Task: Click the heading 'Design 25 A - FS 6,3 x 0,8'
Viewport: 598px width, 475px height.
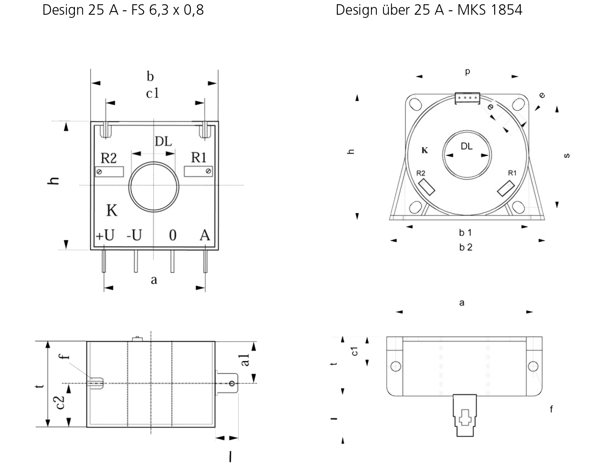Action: (123, 10)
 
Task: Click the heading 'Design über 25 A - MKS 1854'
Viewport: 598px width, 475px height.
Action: (429, 10)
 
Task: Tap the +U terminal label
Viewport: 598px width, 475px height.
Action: (105, 235)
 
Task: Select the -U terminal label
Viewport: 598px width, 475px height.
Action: (134, 235)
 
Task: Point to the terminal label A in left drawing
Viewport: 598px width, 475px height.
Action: (205, 235)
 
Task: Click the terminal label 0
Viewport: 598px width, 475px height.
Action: (173, 235)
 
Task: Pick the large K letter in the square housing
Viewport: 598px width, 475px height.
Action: (112, 210)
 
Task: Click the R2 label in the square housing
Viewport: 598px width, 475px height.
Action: (108, 158)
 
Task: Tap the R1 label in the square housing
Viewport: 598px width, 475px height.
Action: (199, 157)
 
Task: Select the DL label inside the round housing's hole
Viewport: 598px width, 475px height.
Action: (466, 146)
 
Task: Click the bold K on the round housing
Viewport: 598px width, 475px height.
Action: (425, 150)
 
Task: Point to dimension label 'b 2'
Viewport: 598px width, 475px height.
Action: (466, 247)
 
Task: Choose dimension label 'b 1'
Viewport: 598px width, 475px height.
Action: (465, 233)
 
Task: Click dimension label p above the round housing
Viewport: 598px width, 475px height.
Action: (468, 72)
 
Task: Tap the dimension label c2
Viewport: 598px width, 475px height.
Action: (60, 402)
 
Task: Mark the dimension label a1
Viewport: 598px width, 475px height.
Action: (245, 360)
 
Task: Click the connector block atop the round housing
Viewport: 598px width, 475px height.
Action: (467, 98)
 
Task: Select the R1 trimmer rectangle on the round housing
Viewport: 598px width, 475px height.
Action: (506, 188)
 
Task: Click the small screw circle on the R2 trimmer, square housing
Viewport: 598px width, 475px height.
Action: (99, 172)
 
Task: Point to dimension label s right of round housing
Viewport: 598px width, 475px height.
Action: (567, 156)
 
